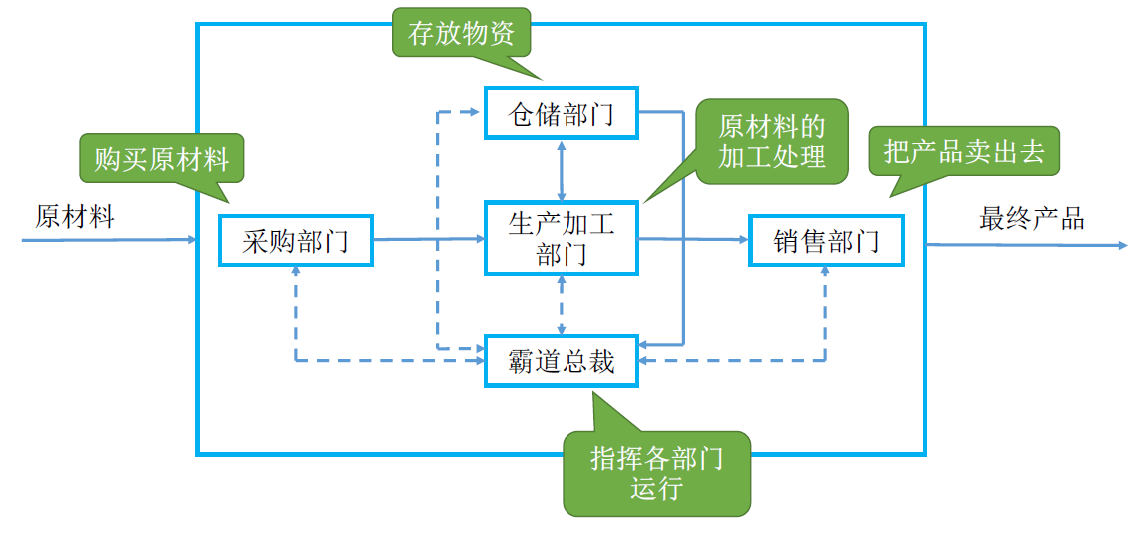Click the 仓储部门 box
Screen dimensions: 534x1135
click(x=561, y=113)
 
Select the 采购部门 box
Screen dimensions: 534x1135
click(x=295, y=240)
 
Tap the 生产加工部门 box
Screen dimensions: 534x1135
click(x=561, y=239)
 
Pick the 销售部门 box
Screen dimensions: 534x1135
click(x=826, y=240)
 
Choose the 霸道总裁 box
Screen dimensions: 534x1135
click(x=561, y=361)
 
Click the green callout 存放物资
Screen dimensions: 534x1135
click(x=461, y=33)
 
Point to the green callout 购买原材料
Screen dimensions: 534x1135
click(x=161, y=159)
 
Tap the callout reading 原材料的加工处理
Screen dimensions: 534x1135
click(x=771, y=141)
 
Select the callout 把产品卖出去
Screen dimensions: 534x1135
click(x=963, y=151)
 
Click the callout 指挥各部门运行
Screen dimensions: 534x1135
click(x=656, y=473)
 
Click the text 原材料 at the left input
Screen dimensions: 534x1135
click(x=75, y=216)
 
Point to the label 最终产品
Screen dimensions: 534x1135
click(x=1031, y=219)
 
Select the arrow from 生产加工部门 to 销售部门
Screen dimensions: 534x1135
click(x=693, y=239)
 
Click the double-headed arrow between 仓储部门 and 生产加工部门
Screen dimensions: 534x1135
click(x=562, y=170)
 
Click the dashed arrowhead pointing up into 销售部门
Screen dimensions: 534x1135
click(x=826, y=273)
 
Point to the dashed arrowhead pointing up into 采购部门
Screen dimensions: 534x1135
click(x=296, y=273)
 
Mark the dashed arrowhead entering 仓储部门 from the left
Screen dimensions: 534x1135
click(x=478, y=111)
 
